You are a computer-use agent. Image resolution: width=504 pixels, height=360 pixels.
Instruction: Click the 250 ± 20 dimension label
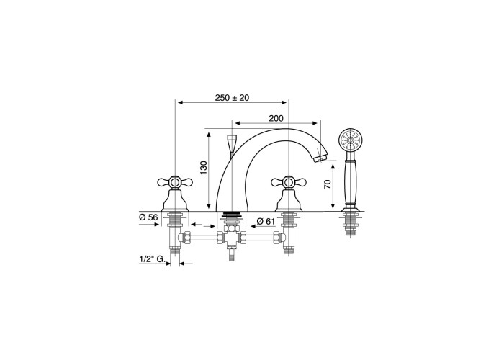(x=232, y=98)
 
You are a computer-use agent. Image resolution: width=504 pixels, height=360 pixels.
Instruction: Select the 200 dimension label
(x=276, y=119)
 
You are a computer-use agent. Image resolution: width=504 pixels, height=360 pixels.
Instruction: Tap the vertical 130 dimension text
(x=204, y=168)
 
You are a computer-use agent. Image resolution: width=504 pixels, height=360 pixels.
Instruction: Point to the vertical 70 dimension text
(x=327, y=184)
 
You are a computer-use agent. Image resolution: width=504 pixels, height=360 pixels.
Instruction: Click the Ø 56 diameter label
(x=148, y=217)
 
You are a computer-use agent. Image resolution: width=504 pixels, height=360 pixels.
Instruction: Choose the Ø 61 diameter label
(x=266, y=221)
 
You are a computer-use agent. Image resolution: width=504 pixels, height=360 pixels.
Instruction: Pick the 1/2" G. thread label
(x=152, y=258)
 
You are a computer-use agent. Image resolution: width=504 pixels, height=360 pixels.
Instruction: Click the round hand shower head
(x=351, y=140)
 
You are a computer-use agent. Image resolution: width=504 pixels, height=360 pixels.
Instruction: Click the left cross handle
(x=175, y=183)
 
